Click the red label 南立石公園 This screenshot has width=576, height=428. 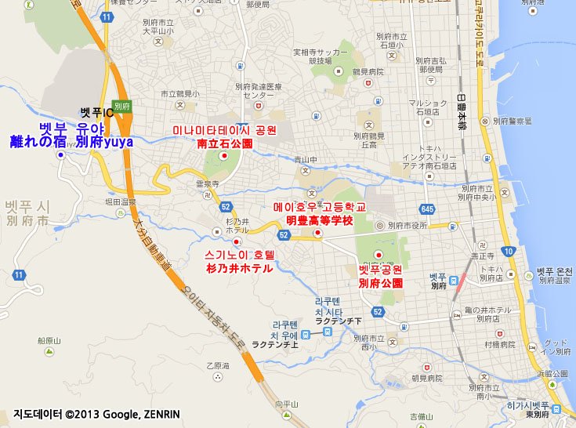[x=224, y=144]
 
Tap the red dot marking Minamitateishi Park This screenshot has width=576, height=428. [x=224, y=156]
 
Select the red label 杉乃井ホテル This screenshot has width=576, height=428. [x=238, y=268]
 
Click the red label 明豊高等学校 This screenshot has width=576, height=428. [x=320, y=220]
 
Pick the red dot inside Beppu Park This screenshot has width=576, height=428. [x=379, y=254]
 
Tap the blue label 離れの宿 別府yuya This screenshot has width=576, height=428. [x=71, y=142]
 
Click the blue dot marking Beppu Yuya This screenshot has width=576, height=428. [x=60, y=155]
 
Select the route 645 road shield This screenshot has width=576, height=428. [x=427, y=209]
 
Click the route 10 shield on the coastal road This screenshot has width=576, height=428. [x=509, y=252]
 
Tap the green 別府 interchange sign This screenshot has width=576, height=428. [x=121, y=105]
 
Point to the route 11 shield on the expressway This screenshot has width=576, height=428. [x=106, y=16]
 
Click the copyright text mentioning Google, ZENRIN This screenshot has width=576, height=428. [x=96, y=414]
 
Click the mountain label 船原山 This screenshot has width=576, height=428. [x=49, y=341]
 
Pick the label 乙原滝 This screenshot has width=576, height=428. [x=217, y=365]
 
